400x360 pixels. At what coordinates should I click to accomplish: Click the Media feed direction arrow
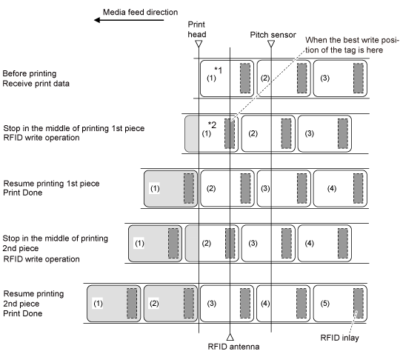coord(129,20)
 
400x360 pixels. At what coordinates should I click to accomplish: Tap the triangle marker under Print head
coord(199,44)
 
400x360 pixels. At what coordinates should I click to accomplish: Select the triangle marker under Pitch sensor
coord(271,44)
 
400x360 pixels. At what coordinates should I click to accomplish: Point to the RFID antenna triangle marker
coord(230,337)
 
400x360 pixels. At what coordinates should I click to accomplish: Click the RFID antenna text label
coord(233,347)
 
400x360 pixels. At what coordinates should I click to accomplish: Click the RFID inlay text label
coord(339,338)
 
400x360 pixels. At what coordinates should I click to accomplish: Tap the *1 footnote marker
coord(218,70)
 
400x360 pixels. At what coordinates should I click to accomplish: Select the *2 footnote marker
coord(212,124)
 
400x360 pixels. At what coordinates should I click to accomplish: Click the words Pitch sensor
coord(273,35)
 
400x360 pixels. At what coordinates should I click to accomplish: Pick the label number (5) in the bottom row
coord(324,304)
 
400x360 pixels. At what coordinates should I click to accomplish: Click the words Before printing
coord(30,73)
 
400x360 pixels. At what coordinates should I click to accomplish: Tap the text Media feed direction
coord(140,12)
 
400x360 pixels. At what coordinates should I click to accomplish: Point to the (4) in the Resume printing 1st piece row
coord(332,189)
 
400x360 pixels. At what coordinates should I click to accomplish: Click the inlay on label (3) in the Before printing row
coord(359,79)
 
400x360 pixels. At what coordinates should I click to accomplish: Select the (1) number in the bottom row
coord(99,304)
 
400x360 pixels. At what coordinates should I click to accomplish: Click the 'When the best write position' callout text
coord(352,45)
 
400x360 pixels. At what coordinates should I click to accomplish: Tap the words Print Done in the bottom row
coord(23,313)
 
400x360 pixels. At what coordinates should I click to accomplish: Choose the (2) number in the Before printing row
coord(265,78)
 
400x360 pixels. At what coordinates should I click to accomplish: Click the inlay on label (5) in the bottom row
coord(359,304)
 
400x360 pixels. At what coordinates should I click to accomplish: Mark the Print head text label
coord(197,30)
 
